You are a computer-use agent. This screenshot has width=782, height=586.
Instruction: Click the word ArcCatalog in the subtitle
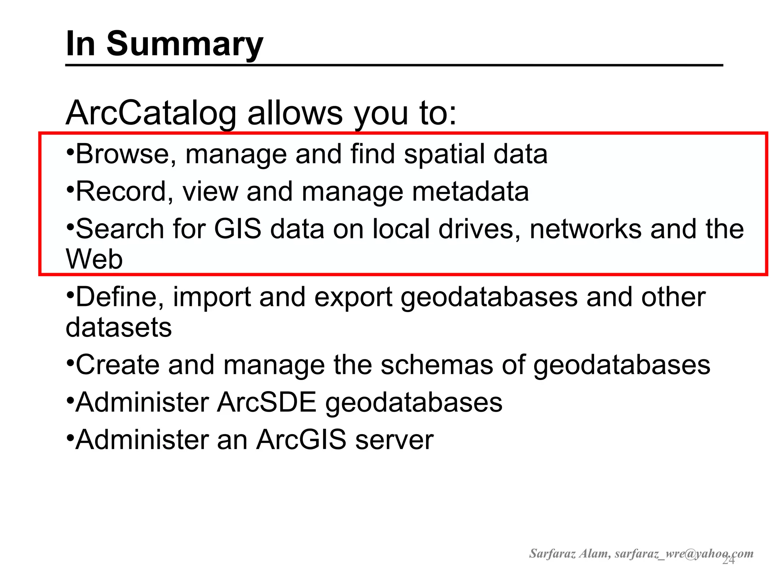coord(151,113)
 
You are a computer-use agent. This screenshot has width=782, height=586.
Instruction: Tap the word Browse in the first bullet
coord(126,154)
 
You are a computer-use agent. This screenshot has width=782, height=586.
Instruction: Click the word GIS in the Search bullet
coord(237,229)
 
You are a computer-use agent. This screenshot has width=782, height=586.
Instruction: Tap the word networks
coord(585,229)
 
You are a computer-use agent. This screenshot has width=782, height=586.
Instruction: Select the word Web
coord(94,259)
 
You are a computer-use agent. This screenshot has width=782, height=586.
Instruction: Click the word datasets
coord(119,327)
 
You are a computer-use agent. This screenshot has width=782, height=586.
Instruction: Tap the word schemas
coord(436,365)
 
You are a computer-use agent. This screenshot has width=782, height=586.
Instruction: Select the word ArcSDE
coord(267,402)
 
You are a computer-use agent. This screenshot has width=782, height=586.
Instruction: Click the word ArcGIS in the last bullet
coord(301,440)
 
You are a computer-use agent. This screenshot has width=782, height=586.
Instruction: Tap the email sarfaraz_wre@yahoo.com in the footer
coord(683,554)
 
